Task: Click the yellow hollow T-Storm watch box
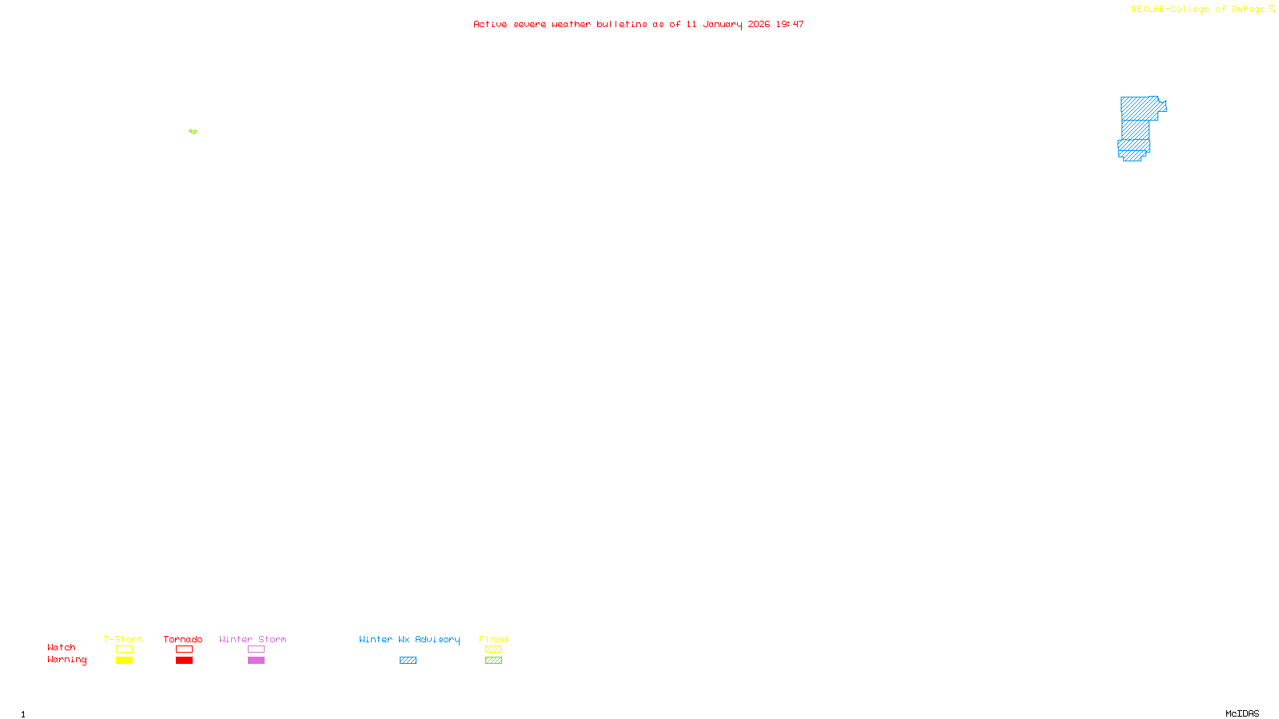pyautogui.click(x=124, y=649)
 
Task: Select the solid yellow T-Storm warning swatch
pyautogui.click(x=124, y=661)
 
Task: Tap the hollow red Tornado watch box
pyautogui.click(x=184, y=649)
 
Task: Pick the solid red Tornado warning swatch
pyautogui.click(x=184, y=661)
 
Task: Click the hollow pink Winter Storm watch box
pyautogui.click(x=256, y=649)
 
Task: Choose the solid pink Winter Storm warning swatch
pyautogui.click(x=256, y=661)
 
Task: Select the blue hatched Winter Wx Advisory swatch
pyautogui.click(x=408, y=661)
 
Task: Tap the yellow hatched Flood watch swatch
pyautogui.click(x=493, y=649)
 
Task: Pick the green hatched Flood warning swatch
pyautogui.click(x=493, y=661)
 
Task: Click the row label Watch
pyautogui.click(x=62, y=648)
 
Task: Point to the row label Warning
pyautogui.click(x=66, y=660)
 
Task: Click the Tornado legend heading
pyautogui.click(x=183, y=639)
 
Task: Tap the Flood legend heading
pyautogui.click(x=493, y=639)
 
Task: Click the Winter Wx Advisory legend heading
pyautogui.click(x=409, y=639)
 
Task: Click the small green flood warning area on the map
pyautogui.click(x=193, y=131)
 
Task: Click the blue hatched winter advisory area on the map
pyautogui.click(x=1136, y=128)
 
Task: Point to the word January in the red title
pyautogui.click(x=722, y=25)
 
